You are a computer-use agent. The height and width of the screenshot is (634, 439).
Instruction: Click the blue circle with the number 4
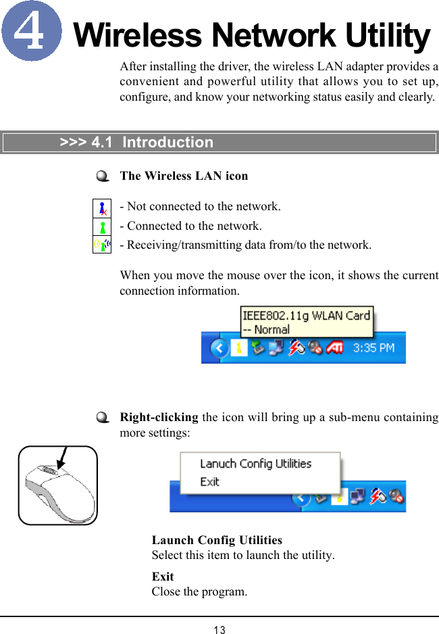click(x=31, y=30)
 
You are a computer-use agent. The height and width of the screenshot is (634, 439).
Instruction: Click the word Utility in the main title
click(x=387, y=36)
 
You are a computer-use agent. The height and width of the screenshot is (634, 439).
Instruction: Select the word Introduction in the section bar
click(x=167, y=143)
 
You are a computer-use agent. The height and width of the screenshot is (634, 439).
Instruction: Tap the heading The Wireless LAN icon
click(x=184, y=176)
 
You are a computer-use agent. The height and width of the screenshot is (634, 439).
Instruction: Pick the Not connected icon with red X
click(x=102, y=208)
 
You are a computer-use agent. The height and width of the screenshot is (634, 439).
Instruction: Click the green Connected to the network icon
click(x=102, y=226)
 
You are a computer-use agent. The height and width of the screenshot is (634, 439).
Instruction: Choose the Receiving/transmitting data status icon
click(x=102, y=245)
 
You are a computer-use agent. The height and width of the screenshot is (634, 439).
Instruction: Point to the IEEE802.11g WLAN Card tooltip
click(x=306, y=322)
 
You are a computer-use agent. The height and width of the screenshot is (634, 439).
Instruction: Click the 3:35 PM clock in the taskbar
click(x=373, y=349)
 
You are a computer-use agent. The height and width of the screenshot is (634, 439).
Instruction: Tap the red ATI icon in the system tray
click(x=335, y=349)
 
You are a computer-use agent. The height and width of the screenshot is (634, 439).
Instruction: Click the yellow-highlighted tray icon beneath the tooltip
click(x=238, y=349)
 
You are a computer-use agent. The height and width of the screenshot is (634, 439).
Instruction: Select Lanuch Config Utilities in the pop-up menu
click(x=255, y=464)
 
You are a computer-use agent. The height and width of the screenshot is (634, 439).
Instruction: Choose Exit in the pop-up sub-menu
click(x=210, y=482)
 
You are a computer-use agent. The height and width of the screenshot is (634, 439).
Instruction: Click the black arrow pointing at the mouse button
click(x=63, y=457)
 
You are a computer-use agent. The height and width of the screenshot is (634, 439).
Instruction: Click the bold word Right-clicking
click(x=159, y=417)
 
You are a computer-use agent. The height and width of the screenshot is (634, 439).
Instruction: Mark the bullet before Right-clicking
click(x=102, y=418)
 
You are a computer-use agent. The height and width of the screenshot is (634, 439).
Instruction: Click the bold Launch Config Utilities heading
click(x=217, y=540)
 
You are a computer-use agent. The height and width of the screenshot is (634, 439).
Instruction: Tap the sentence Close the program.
click(x=199, y=591)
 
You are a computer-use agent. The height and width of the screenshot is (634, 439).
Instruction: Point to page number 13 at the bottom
click(x=219, y=630)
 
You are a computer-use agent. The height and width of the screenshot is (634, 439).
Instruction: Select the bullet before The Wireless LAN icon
click(x=102, y=176)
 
